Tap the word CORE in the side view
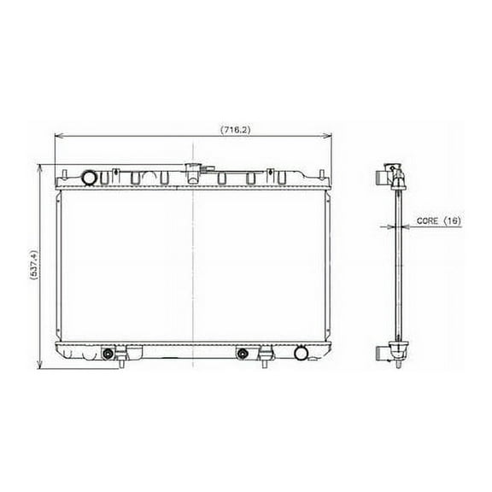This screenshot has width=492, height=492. click(426, 221)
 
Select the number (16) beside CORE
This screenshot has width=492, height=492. click(452, 221)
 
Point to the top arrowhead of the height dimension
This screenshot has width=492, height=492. click(40, 167)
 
